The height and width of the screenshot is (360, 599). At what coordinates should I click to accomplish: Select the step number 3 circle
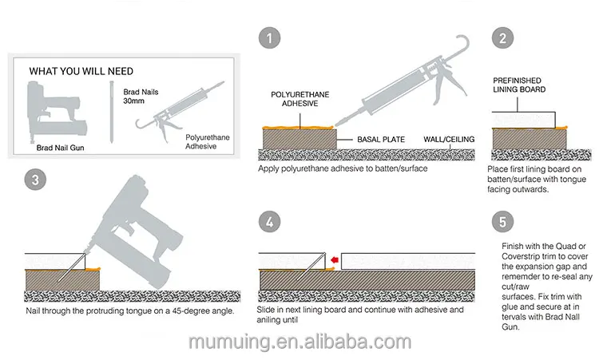(x=33, y=181)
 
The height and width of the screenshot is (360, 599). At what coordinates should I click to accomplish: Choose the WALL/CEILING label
(x=449, y=139)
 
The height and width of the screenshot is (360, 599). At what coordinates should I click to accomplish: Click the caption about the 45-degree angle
(x=129, y=311)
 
